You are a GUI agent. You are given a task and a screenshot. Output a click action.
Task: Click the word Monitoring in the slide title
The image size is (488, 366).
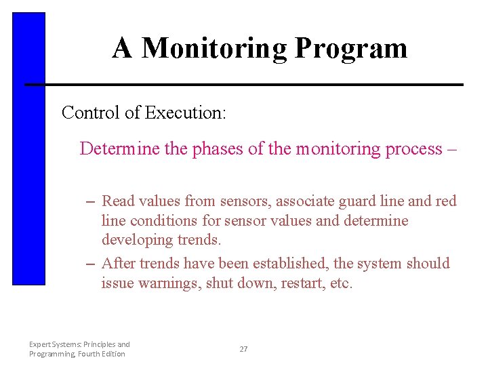tap(215, 49)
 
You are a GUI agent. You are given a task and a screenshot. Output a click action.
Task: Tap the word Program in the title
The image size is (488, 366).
tap(351, 49)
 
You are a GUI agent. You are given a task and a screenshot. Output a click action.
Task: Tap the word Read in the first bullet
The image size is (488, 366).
tap(118, 201)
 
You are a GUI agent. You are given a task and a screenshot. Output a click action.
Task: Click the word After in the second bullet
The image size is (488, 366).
tap(119, 263)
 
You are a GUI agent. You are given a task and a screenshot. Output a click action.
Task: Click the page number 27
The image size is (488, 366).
tap(243, 349)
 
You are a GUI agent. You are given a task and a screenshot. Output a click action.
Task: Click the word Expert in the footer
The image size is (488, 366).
tap(40, 344)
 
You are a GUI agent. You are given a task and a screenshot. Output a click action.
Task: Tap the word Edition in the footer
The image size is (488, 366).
tap(112, 354)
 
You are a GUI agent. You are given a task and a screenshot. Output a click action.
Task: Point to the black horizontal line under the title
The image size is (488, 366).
tap(244, 85)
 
